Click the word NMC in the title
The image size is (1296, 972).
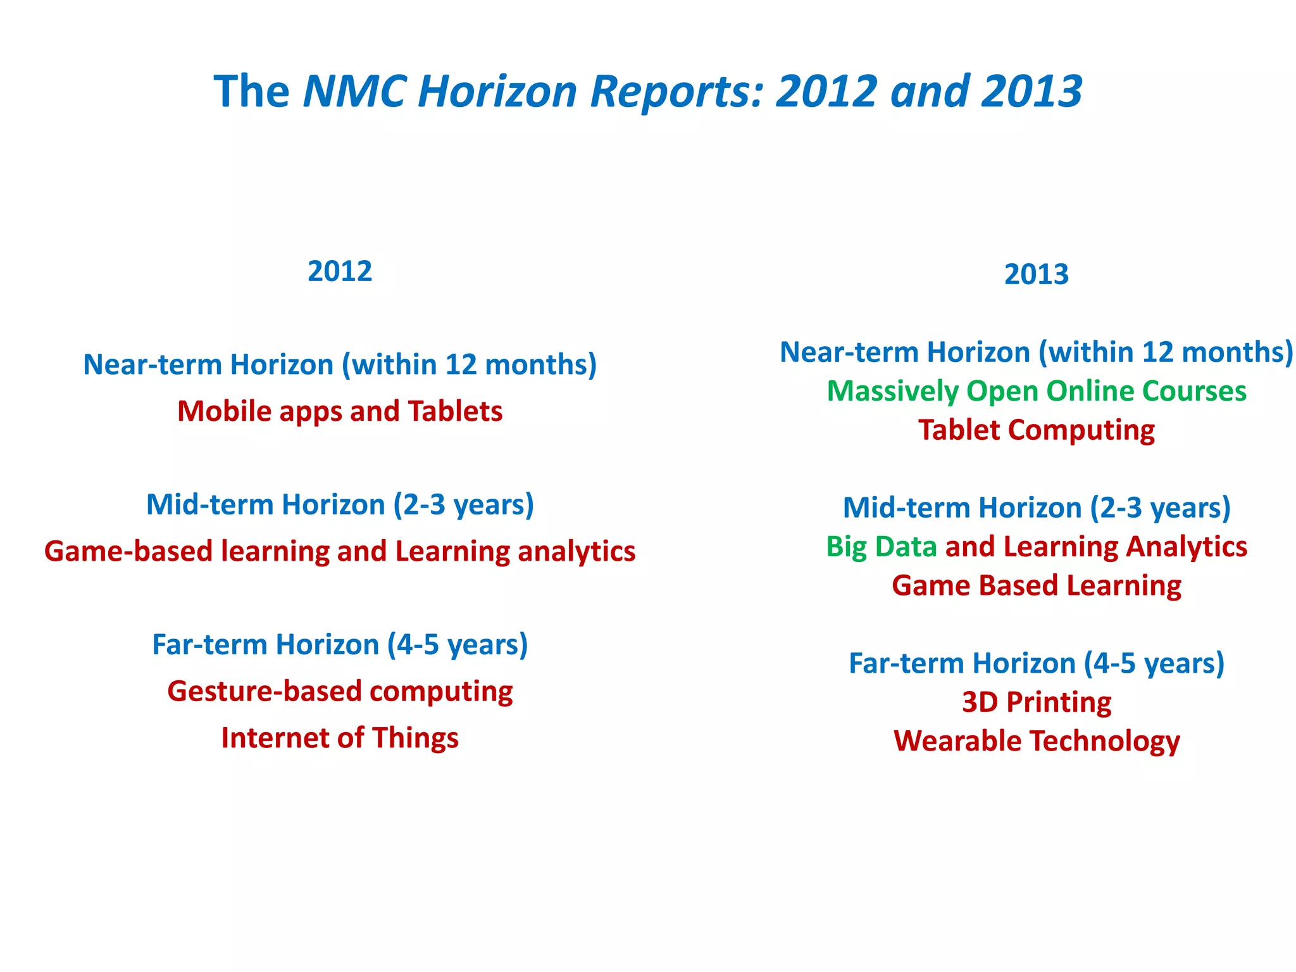(354, 91)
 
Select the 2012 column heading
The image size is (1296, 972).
(340, 271)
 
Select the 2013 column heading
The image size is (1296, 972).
(1036, 275)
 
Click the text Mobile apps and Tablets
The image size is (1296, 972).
(340, 411)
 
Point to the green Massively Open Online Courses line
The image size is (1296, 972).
(1037, 391)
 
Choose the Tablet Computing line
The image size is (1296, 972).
(1037, 430)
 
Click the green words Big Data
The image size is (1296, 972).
(882, 547)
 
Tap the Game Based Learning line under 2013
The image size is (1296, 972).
(1037, 585)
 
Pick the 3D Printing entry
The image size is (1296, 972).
(1037, 702)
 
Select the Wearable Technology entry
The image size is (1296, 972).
(1037, 741)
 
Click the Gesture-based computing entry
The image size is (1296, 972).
(340, 691)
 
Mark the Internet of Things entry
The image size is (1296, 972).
(340, 738)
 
